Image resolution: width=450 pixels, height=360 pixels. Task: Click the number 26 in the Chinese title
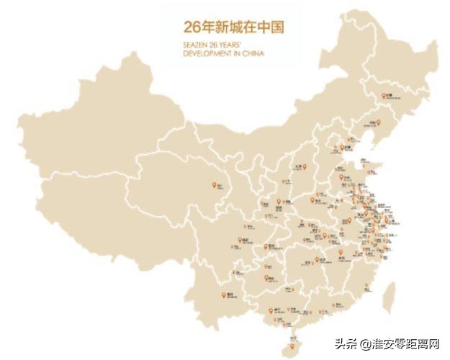tap(191, 27)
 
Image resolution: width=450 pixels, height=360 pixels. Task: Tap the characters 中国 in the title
tap(271, 27)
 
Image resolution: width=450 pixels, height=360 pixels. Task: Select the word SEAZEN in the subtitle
tap(194, 44)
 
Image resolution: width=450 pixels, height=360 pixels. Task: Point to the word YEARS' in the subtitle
tap(234, 44)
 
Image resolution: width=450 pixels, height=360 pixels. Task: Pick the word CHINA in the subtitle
tap(252, 53)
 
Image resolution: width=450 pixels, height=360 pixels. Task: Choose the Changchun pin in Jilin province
tap(383, 96)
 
